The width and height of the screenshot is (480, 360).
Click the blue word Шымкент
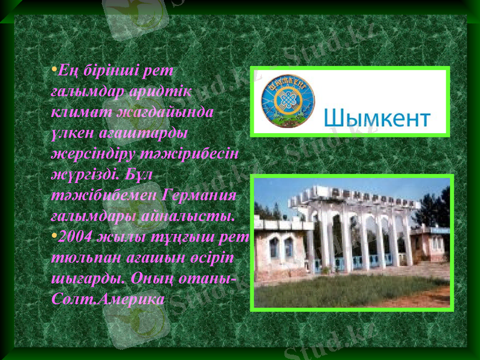coord(378,118)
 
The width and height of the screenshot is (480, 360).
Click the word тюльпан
coord(80,257)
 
